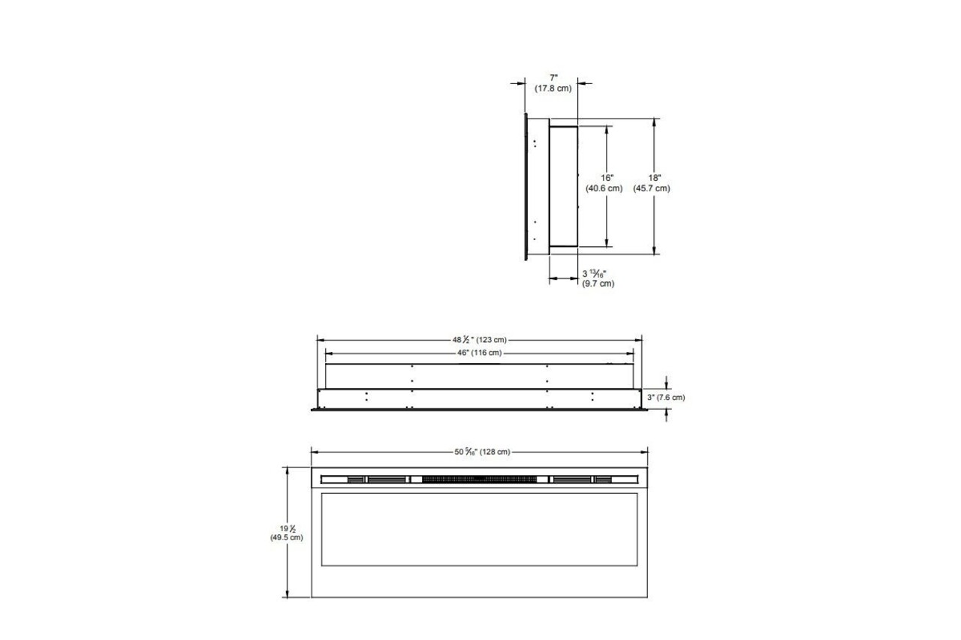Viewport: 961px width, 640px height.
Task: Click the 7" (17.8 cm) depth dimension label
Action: click(553, 83)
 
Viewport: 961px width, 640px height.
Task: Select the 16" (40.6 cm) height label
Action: click(604, 183)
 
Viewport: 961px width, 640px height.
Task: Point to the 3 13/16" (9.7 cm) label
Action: click(598, 278)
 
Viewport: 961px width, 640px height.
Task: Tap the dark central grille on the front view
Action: click(480, 479)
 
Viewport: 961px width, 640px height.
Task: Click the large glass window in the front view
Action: click(480, 529)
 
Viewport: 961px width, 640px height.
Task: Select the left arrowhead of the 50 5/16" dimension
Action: click(315, 452)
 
